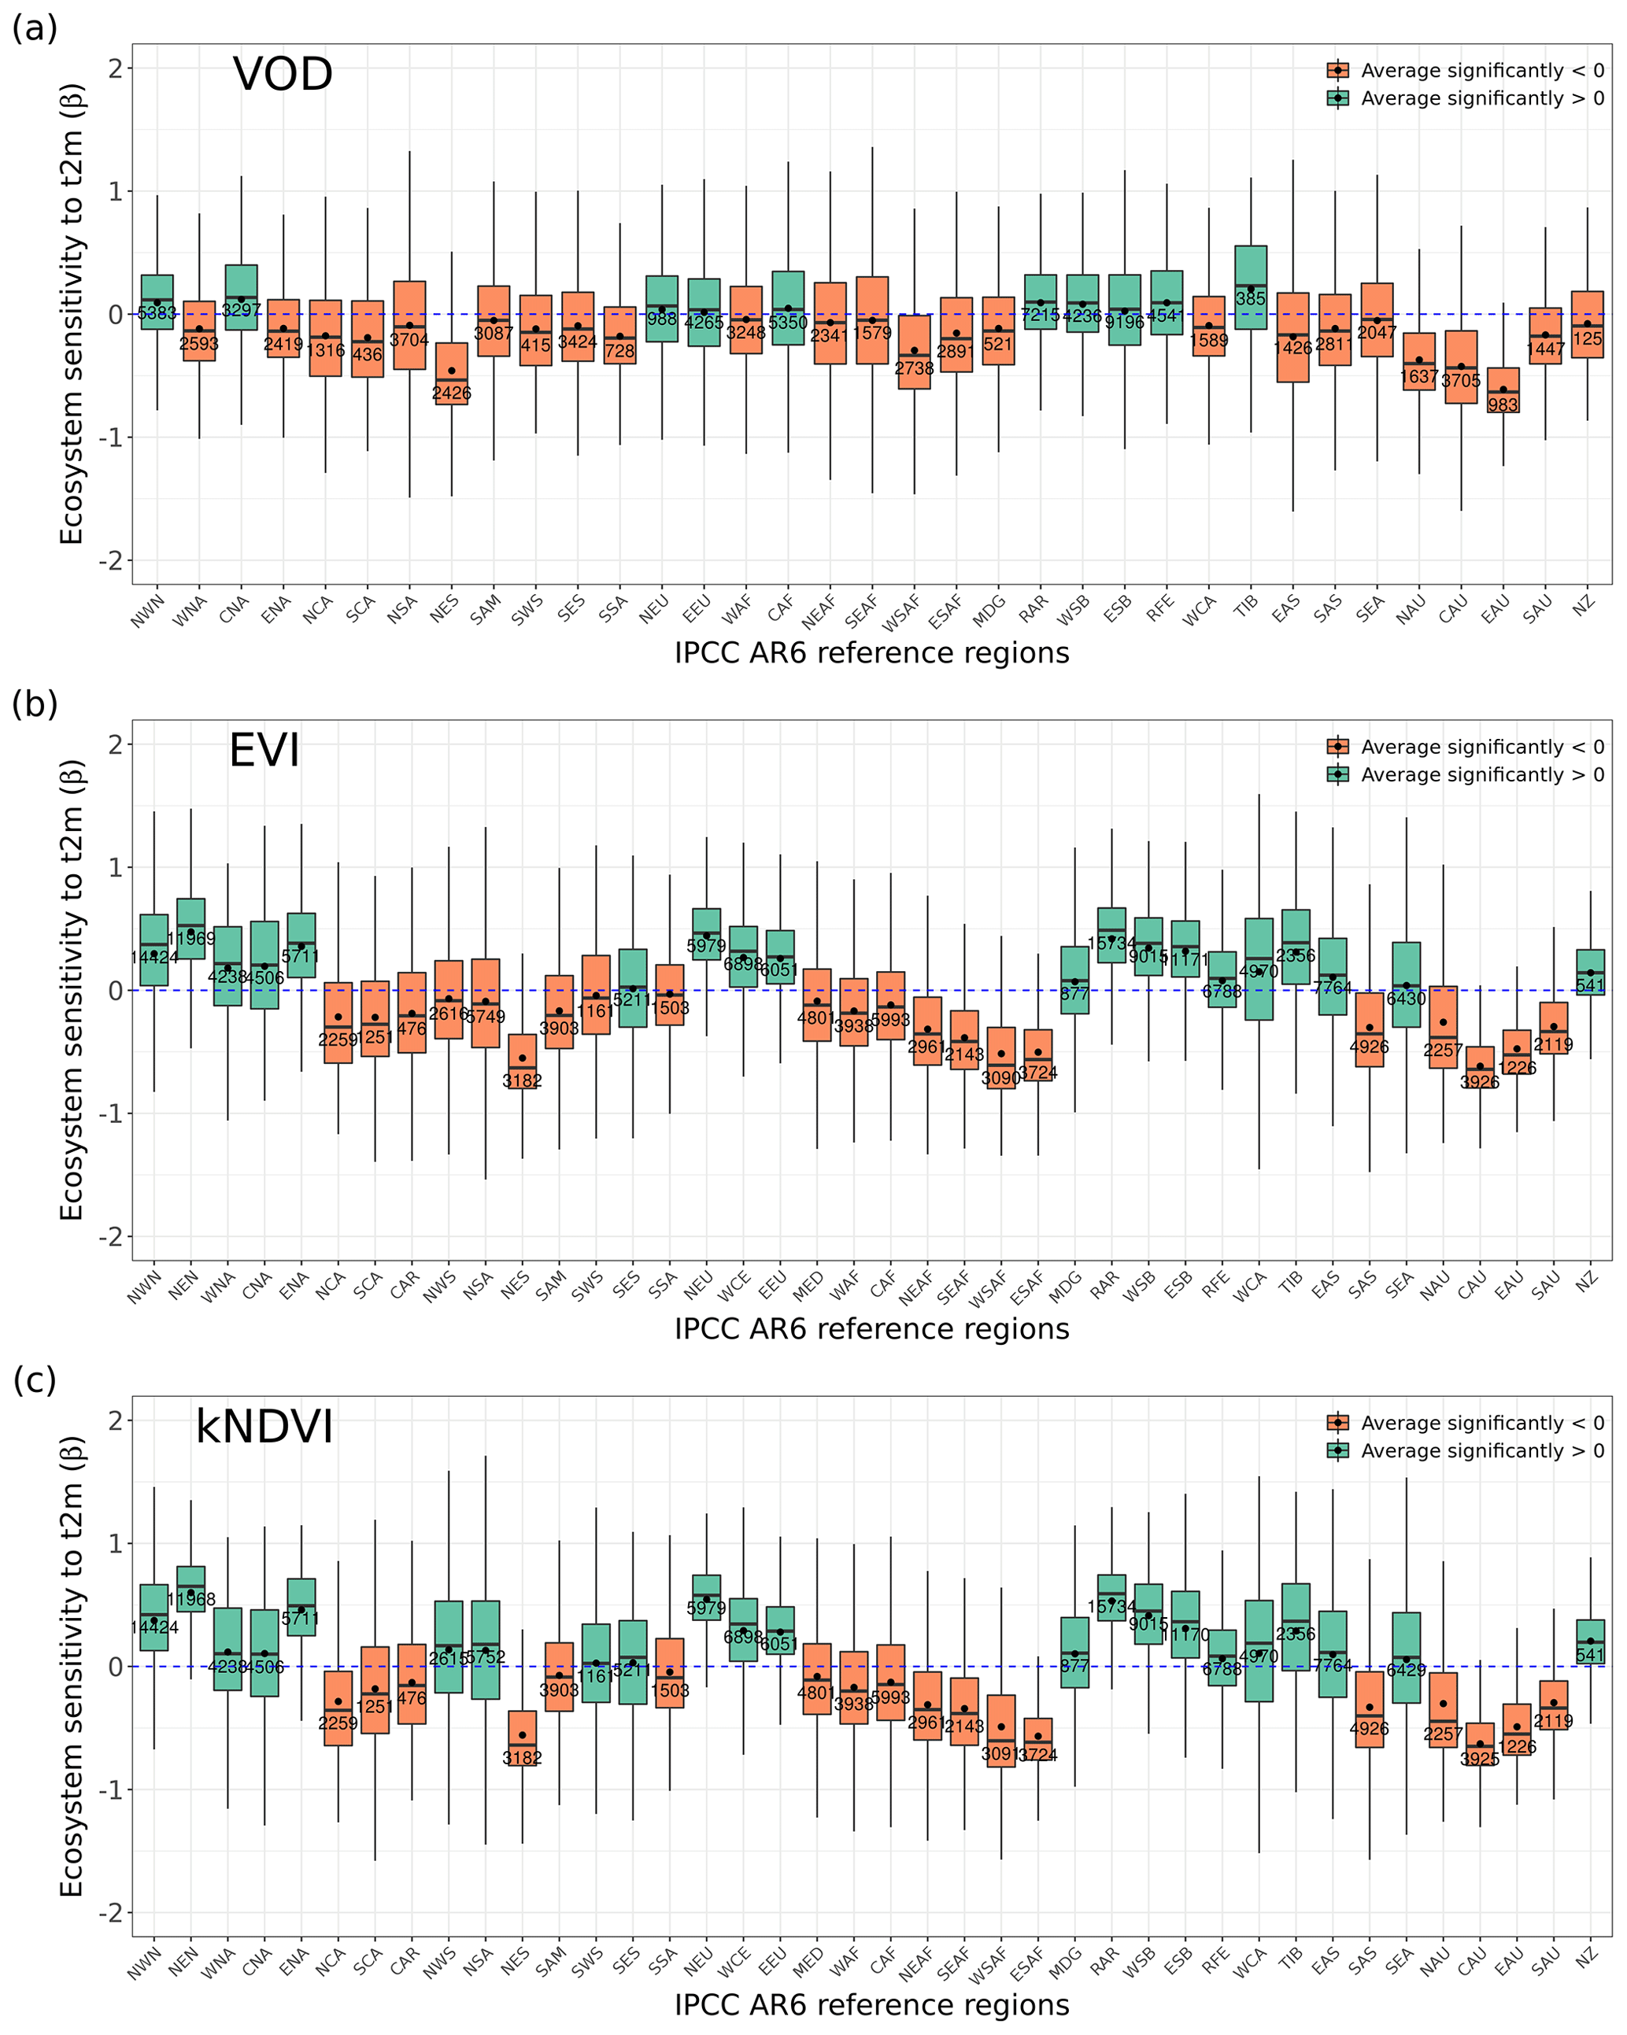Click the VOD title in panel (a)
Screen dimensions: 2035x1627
pyautogui.click(x=283, y=75)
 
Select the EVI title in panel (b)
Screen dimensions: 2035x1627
pyautogui.click(x=264, y=752)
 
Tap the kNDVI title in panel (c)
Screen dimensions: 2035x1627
pyautogui.click(x=264, y=1427)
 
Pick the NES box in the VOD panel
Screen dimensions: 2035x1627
pyautogui.click(x=451, y=374)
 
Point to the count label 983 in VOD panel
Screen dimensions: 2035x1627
pyautogui.click(x=1503, y=405)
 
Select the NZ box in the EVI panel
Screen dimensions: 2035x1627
pyautogui.click(x=1590, y=972)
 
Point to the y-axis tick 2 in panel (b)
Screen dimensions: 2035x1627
pyautogui.click(x=116, y=744)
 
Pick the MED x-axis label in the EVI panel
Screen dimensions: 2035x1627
pyautogui.click(x=808, y=1287)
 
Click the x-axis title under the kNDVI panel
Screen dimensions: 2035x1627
pyautogui.click(x=871, y=2005)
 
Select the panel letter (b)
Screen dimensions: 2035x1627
pyautogui.click(x=35, y=704)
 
